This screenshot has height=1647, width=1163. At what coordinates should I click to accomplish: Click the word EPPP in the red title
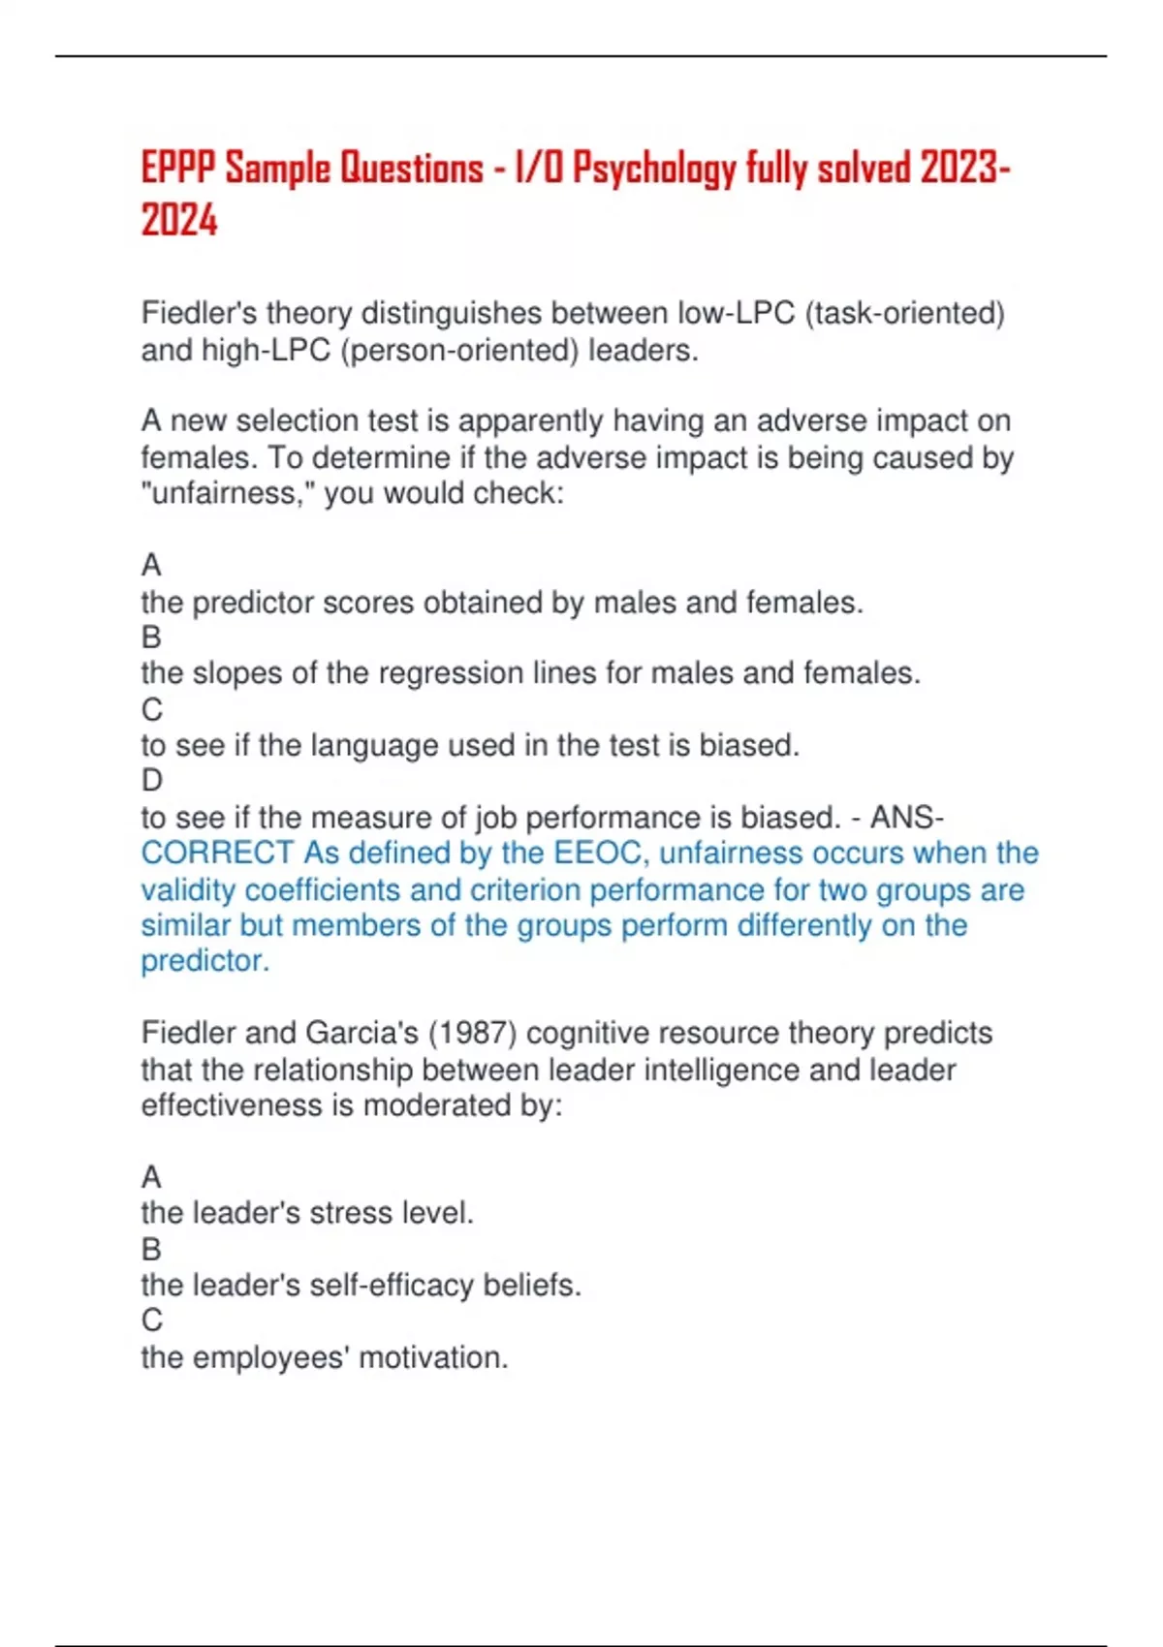pyautogui.click(x=179, y=169)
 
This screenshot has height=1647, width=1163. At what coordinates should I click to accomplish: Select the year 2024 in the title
pyautogui.click(x=179, y=220)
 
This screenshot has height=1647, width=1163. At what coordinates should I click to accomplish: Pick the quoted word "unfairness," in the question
pyautogui.click(x=228, y=493)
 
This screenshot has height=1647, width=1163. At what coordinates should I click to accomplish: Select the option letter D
pyautogui.click(x=152, y=781)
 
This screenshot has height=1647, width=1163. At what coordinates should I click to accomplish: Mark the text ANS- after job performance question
pyautogui.click(x=906, y=818)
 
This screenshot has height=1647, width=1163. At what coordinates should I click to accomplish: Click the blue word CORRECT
pyautogui.click(x=217, y=854)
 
